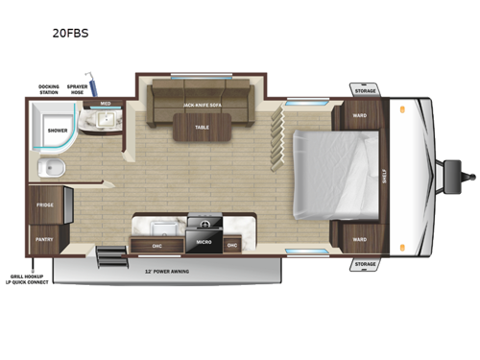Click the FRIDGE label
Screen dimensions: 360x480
coord(45,205)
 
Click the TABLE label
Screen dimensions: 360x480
coord(202,127)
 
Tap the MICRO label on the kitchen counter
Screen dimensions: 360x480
coord(204,242)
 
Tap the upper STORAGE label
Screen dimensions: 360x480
coord(365,91)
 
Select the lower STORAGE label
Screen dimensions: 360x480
coord(365,263)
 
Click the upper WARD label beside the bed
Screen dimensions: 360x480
coord(359,116)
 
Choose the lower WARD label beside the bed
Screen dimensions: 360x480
coord(359,239)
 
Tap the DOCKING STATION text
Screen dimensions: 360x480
coord(49,89)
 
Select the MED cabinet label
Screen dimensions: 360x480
coord(105,104)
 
